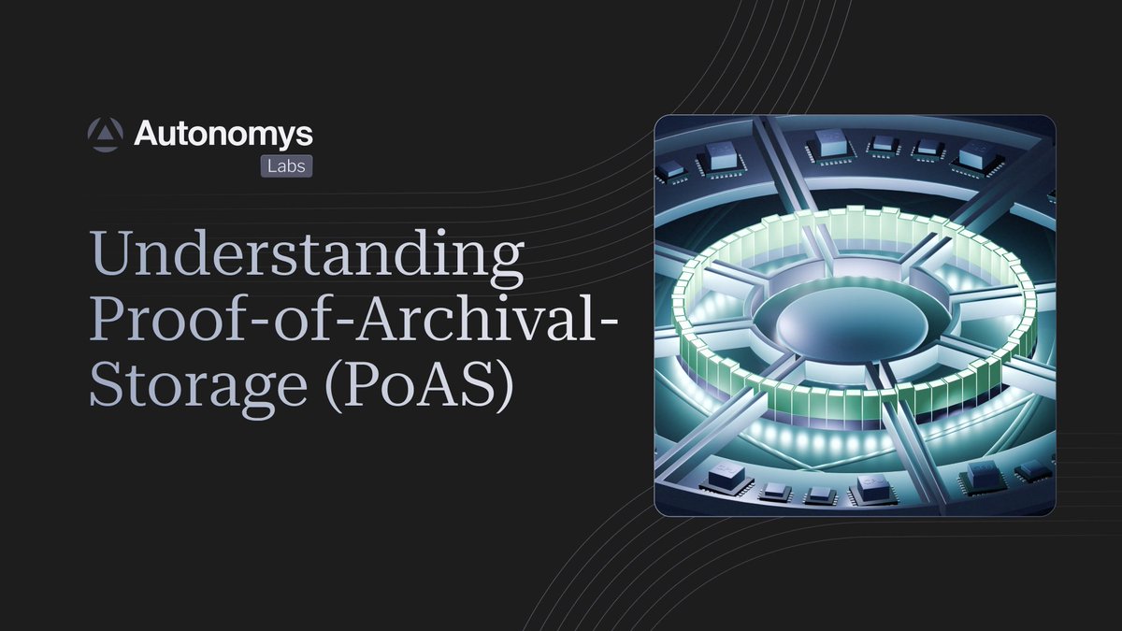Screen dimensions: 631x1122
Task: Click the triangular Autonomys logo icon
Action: click(x=106, y=136)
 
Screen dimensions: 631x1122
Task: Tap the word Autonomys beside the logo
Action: click(x=223, y=136)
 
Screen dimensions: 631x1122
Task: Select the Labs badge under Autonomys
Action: click(x=285, y=165)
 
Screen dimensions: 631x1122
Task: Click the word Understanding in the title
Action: click(x=306, y=255)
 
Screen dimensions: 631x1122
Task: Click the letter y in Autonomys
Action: click(x=294, y=138)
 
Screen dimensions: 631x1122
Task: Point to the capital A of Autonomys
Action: click(x=149, y=136)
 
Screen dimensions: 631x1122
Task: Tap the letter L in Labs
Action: click(x=269, y=165)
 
